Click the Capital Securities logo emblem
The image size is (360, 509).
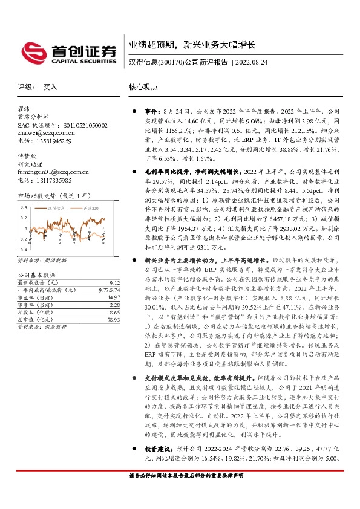pyautogui.click(x=31, y=50)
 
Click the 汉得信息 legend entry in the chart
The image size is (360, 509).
pyautogui.click(x=57, y=207)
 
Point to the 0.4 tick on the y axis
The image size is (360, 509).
pyautogui.click(x=24, y=207)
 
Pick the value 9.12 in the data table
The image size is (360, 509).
pyautogui.click(x=114, y=282)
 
